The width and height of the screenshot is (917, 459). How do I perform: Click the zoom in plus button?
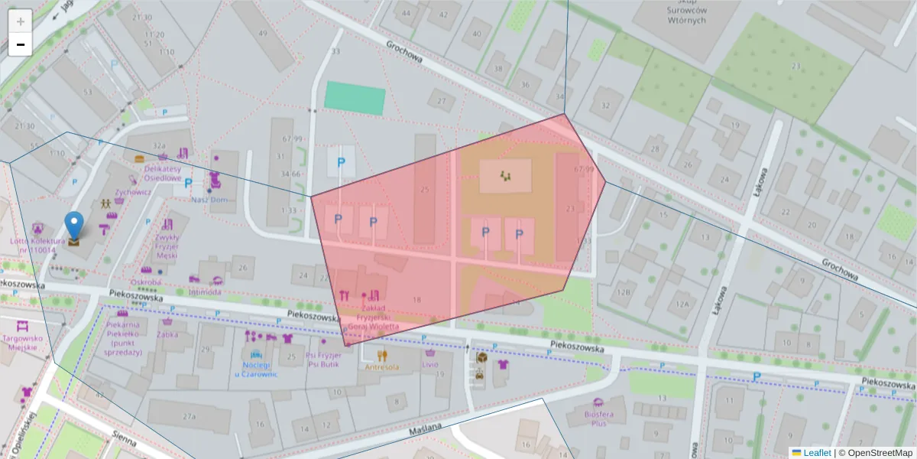[x=21, y=21]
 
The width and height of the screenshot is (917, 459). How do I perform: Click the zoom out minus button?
[x=21, y=44]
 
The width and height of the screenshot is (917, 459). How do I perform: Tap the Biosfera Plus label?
[x=598, y=418]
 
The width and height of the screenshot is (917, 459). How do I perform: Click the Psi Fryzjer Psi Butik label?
[x=322, y=360]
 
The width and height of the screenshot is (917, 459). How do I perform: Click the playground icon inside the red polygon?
[x=505, y=176]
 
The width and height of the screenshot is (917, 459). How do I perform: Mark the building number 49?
[x=263, y=33]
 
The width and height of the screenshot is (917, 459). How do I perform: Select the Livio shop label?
[x=430, y=364]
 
